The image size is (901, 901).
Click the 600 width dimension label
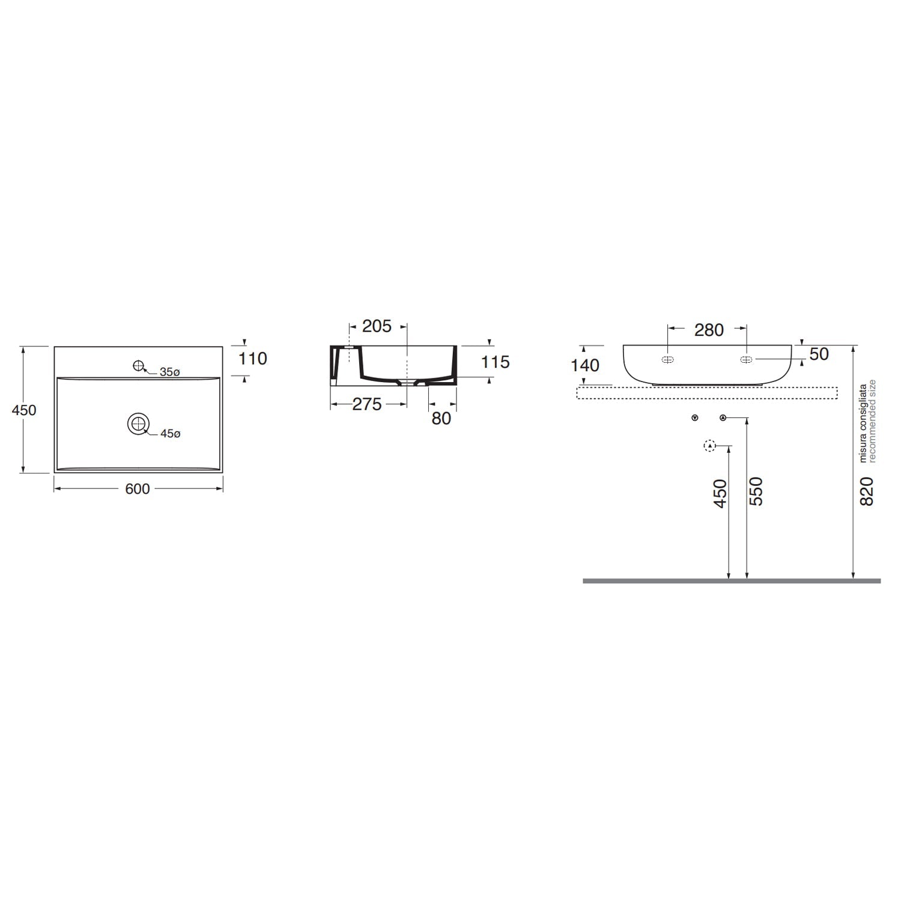[x=137, y=490]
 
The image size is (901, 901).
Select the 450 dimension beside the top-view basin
[x=25, y=410]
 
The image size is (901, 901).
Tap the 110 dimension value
[x=253, y=359]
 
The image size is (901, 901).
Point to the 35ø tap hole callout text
[x=169, y=372]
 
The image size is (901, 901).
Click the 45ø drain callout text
[x=169, y=434]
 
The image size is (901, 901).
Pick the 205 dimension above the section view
[x=377, y=326]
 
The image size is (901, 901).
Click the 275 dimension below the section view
[x=366, y=404]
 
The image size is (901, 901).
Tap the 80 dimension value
[x=441, y=418]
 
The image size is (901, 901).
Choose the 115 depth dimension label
[x=496, y=362]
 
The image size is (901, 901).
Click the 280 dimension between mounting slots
[x=709, y=330]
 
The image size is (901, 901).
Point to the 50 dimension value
[x=819, y=354]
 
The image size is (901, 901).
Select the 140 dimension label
[x=585, y=365]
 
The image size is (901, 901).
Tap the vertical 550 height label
[x=756, y=491]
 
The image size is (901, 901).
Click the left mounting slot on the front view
[x=667, y=360]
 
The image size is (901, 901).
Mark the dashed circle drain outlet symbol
[x=709, y=446]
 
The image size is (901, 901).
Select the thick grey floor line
[x=731, y=581]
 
